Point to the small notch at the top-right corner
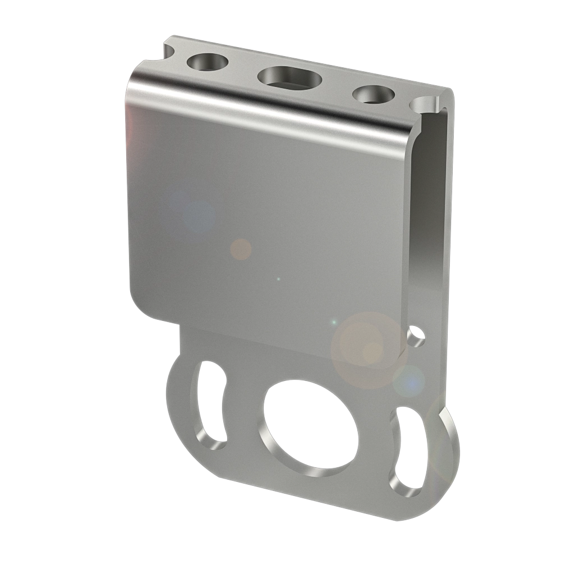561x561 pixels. pos(425,104)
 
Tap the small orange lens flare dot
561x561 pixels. pos(241,249)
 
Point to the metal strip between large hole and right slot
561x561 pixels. pos(376,443)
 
